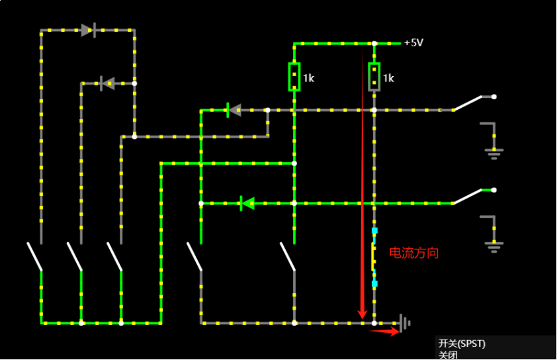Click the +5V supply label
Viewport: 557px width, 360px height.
tap(413, 43)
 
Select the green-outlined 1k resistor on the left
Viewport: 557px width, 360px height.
tap(294, 76)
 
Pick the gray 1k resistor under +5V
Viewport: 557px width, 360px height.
tap(374, 76)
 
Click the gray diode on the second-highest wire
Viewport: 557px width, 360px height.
tap(107, 83)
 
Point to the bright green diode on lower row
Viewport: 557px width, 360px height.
tap(247, 203)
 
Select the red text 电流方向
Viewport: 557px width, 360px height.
tap(413, 253)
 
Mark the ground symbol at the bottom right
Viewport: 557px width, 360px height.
tap(405, 323)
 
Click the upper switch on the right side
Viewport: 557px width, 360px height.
tap(474, 102)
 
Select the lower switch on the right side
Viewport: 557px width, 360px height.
tap(474, 195)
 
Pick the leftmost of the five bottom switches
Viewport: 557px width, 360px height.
tap(34, 256)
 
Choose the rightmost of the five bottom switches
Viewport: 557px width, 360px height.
tap(287, 256)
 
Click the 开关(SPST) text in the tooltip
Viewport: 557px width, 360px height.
tap(462, 343)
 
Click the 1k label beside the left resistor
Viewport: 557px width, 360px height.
tap(309, 78)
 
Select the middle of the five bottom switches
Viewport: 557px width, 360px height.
tap(115, 256)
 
